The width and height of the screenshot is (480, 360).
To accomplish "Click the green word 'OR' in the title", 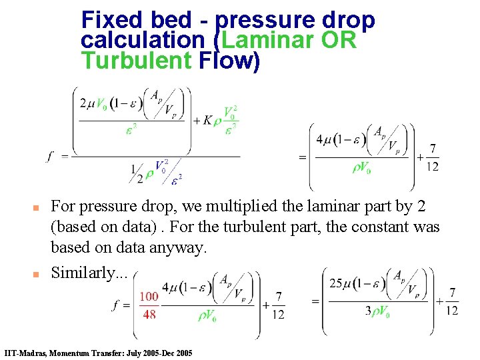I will click(x=339, y=40).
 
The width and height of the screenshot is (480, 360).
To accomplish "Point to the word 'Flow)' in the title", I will click(x=229, y=61).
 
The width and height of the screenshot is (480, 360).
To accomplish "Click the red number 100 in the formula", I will click(x=149, y=296).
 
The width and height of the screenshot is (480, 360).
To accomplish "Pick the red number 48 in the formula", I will click(x=149, y=313).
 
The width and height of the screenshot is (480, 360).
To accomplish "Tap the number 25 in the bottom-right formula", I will click(x=337, y=283).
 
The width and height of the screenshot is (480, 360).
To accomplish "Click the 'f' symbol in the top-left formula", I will click(x=50, y=156).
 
